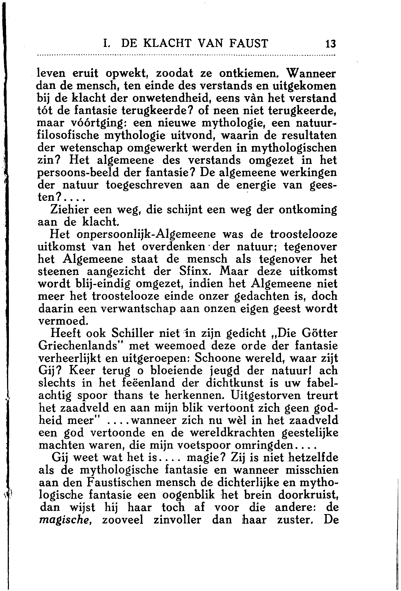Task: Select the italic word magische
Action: click(x=65, y=520)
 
